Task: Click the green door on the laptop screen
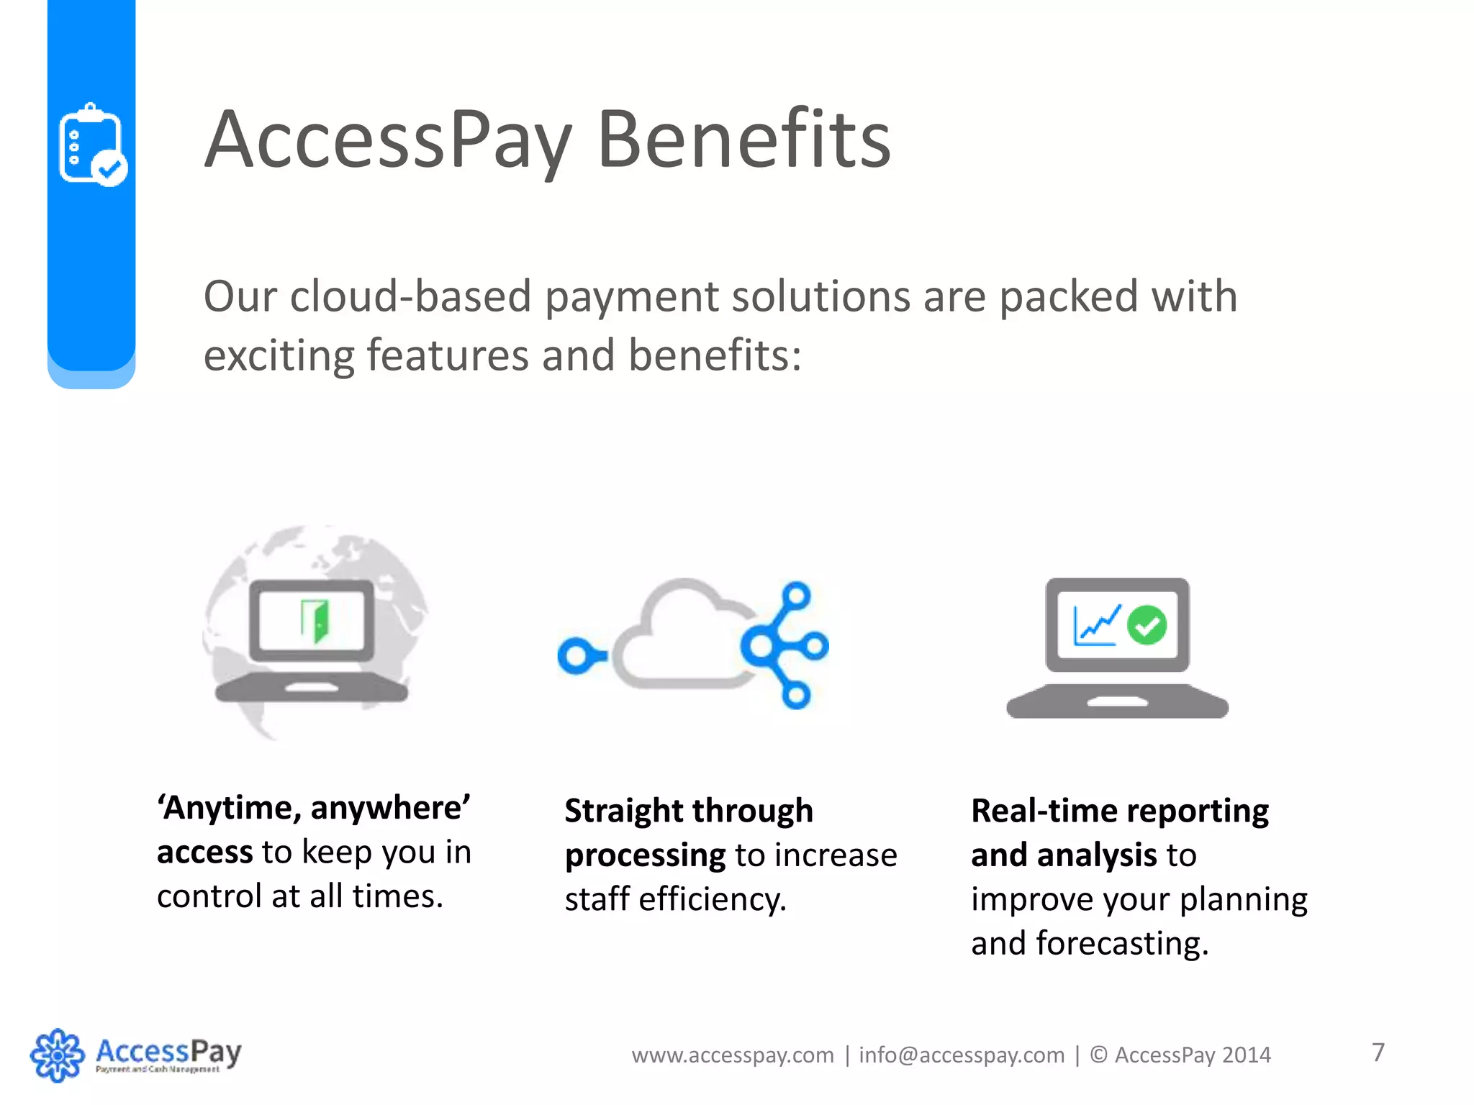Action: pos(315,619)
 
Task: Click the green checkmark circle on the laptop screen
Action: pos(1147,624)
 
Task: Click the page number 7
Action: pos(1378,1052)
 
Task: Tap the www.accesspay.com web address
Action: pos(732,1055)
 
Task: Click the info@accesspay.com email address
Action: pos(961,1055)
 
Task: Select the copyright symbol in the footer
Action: pos(1098,1055)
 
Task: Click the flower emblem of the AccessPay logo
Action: pos(57,1055)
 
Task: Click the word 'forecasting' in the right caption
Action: pos(1121,944)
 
